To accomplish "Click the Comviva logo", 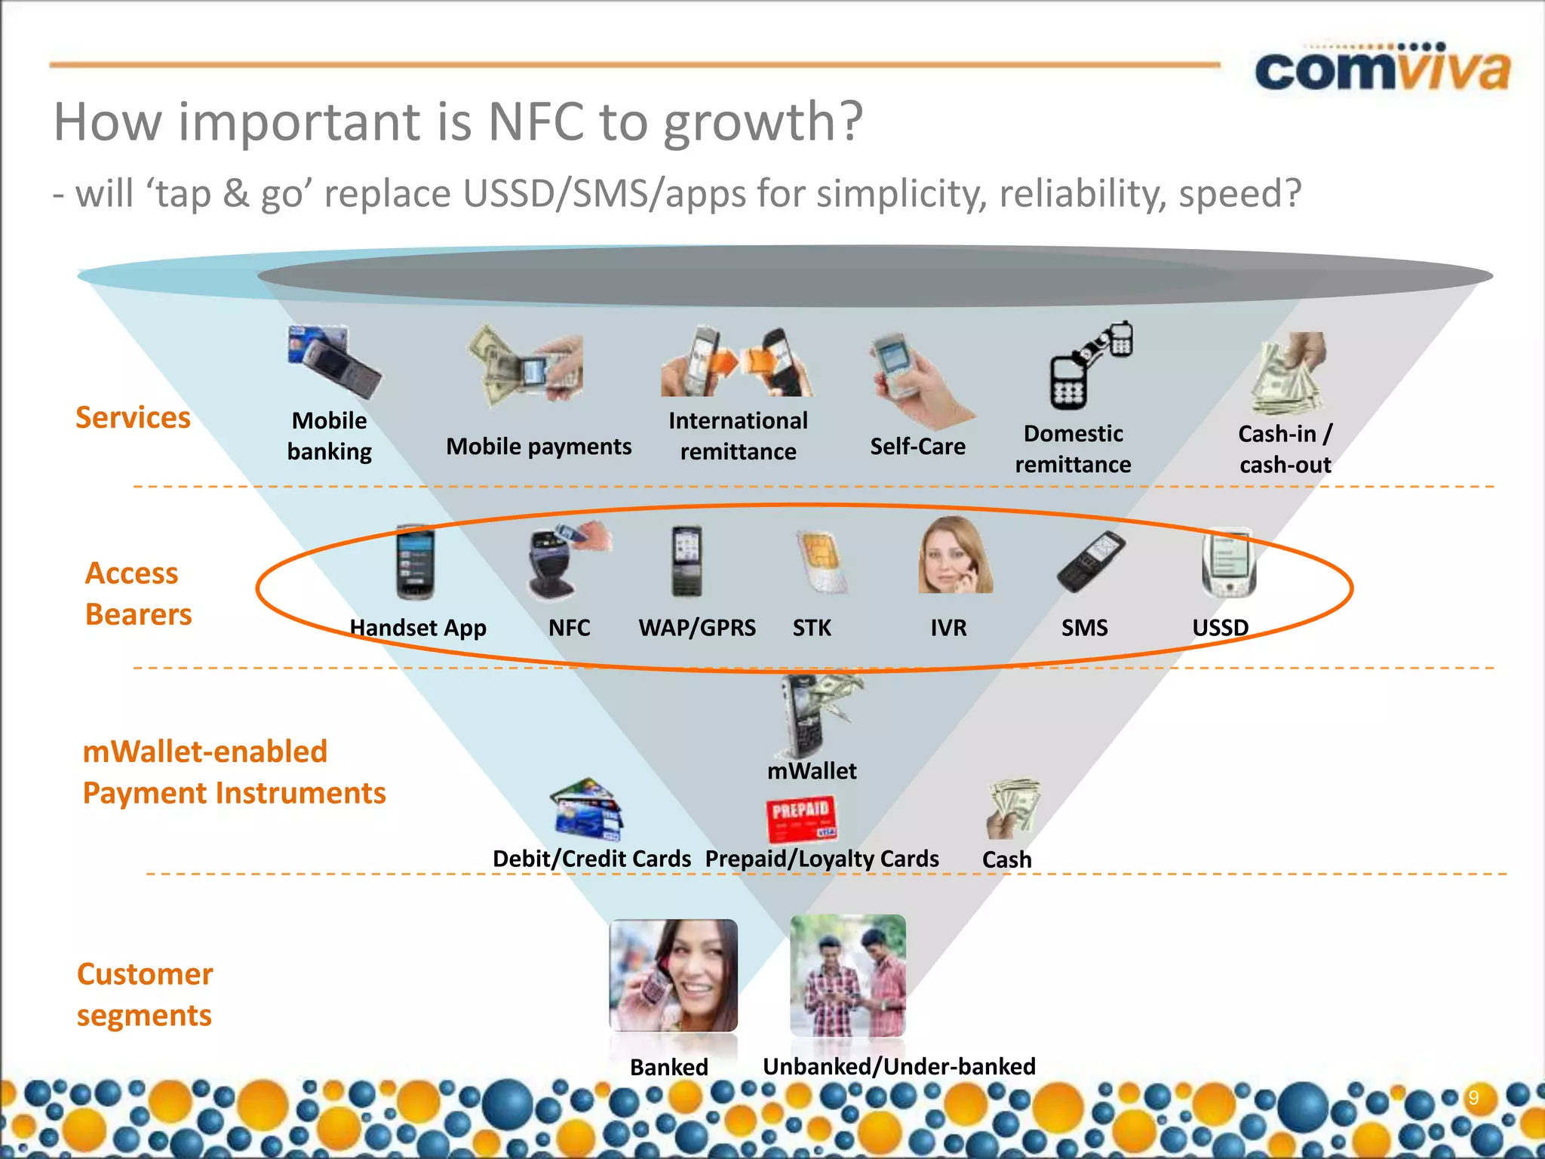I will tap(1382, 69).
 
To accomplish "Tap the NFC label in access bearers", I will tap(569, 628).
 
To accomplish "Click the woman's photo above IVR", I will tap(955, 555).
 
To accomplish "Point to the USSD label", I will tap(1220, 628).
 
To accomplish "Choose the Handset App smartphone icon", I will tap(415, 561).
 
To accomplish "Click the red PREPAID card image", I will tap(801, 819).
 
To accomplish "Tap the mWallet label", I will tap(812, 771).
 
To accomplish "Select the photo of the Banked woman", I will tap(673, 975).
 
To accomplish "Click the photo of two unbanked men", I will tap(848, 975).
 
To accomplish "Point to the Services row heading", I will tap(133, 418).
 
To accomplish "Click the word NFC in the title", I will tap(536, 122).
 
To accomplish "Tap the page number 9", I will tap(1473, 1098).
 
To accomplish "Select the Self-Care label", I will tap(917, 447).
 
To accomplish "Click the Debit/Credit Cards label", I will tap(591, 859).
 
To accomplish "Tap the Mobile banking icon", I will tap(333, 361).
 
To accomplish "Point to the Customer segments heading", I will tap(144, 995).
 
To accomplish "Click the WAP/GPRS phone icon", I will tap(686, 561).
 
